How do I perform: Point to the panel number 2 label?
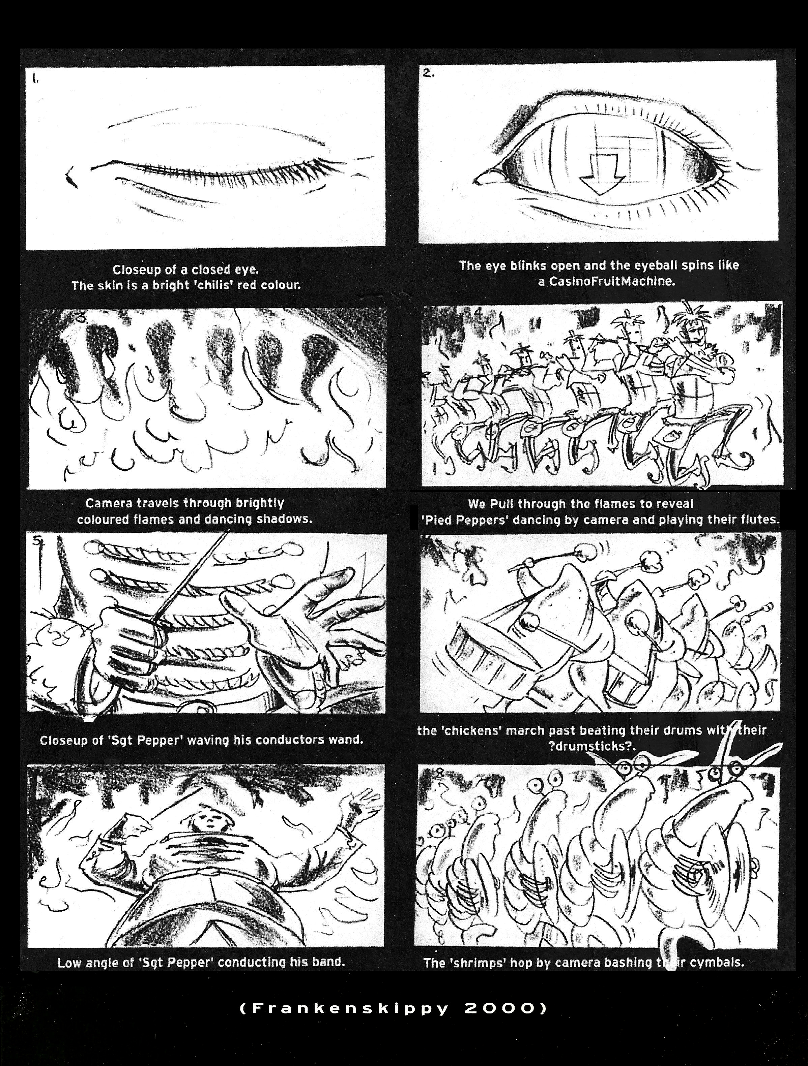click(428, 73)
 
